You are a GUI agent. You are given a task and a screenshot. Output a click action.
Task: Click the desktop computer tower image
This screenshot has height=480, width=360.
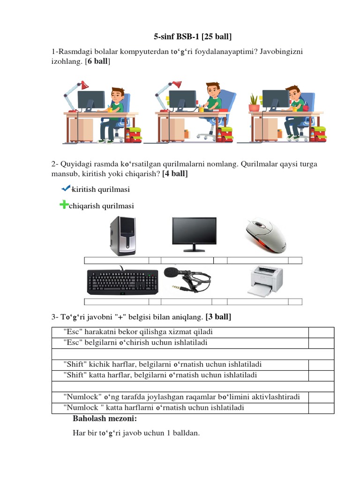click(123, 235)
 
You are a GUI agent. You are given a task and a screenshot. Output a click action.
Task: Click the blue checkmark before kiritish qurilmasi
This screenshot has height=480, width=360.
click(65, 188)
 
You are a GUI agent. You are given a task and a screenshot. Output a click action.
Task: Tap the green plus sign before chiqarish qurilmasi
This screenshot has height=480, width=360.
click(63, 205)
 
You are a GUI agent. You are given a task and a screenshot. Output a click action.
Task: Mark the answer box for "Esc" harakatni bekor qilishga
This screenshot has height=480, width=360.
click(321, 332)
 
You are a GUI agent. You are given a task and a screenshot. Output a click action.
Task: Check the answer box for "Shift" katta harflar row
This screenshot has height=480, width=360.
click(321, 375)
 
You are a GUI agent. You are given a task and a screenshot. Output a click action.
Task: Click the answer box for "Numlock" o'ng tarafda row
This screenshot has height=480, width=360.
click(321, 397)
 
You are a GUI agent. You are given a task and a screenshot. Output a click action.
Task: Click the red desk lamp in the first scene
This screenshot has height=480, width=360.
click(83, 85)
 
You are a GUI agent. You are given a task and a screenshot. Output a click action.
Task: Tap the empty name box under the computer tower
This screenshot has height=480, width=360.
click(116, 260)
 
